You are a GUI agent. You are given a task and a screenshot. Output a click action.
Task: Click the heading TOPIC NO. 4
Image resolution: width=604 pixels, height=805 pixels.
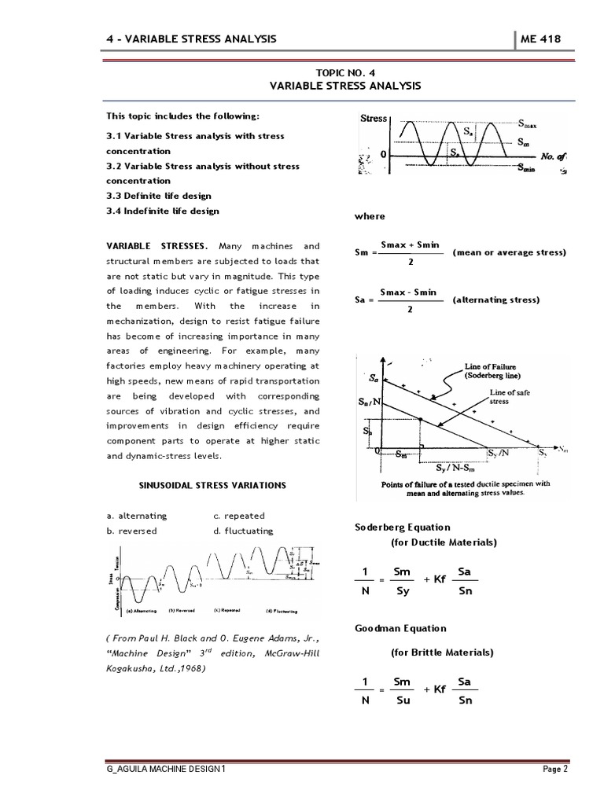tap(347, 71)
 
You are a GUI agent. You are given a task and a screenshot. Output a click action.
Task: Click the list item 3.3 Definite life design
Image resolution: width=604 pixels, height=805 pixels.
tap(159, 196)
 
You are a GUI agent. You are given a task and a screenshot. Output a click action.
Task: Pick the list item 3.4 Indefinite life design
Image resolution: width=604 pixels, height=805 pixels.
tap(163, 211)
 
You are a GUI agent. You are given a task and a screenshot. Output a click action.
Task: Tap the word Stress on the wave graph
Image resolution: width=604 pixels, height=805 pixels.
tap(374, 119)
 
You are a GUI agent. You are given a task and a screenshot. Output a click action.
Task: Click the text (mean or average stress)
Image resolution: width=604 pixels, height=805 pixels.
tap(509, 252)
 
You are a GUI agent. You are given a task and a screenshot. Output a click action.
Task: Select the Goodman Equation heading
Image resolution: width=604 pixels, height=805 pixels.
tap(401, 628)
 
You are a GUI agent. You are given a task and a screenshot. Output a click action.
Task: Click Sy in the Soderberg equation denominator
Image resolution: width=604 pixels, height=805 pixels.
tap(401, 590)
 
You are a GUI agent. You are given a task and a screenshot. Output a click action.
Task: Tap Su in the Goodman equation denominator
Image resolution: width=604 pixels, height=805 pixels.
tap(401, 700)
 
